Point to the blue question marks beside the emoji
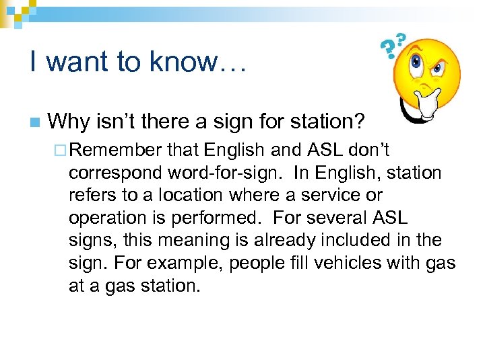(393, 46)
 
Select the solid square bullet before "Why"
(34, 123)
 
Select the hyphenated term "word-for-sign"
(220, 173)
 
